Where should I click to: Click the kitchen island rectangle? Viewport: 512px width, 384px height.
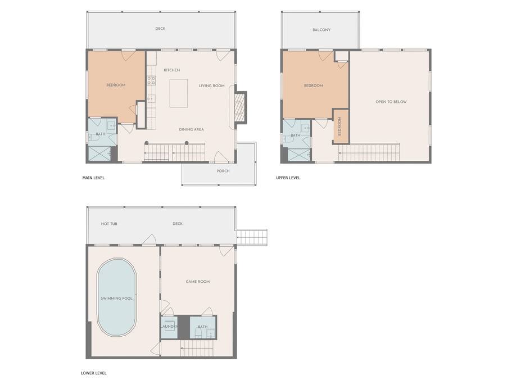point(179,93)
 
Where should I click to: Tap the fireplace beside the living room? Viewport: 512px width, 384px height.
point(241,107)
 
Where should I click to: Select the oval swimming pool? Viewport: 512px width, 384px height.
point(116,297)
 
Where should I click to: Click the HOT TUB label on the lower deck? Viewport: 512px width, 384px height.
point(109,224)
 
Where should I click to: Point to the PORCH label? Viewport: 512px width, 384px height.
point(223,171)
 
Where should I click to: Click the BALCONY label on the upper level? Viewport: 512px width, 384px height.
point(321,30)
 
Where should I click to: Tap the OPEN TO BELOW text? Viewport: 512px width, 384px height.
point(391,102)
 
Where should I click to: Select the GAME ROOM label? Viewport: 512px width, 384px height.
point(198,282)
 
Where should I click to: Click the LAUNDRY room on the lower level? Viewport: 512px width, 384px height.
point(169,327)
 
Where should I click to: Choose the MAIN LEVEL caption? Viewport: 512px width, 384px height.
point(93,178)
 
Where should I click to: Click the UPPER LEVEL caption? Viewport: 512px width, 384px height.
point(288,178)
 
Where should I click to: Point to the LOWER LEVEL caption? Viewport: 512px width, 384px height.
point(94,373)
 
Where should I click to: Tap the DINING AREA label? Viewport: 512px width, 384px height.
point(191,130)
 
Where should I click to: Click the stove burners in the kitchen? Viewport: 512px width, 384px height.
point(151,80)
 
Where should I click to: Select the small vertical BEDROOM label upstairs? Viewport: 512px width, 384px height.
point(339,126)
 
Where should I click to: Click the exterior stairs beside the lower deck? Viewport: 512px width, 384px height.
point(252,237)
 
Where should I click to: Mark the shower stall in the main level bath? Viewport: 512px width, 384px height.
point(100,153)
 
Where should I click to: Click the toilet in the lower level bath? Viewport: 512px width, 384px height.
point(198,333)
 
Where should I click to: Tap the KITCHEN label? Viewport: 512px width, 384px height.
point(172,70)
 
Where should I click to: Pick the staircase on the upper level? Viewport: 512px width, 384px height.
point(369,152)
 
